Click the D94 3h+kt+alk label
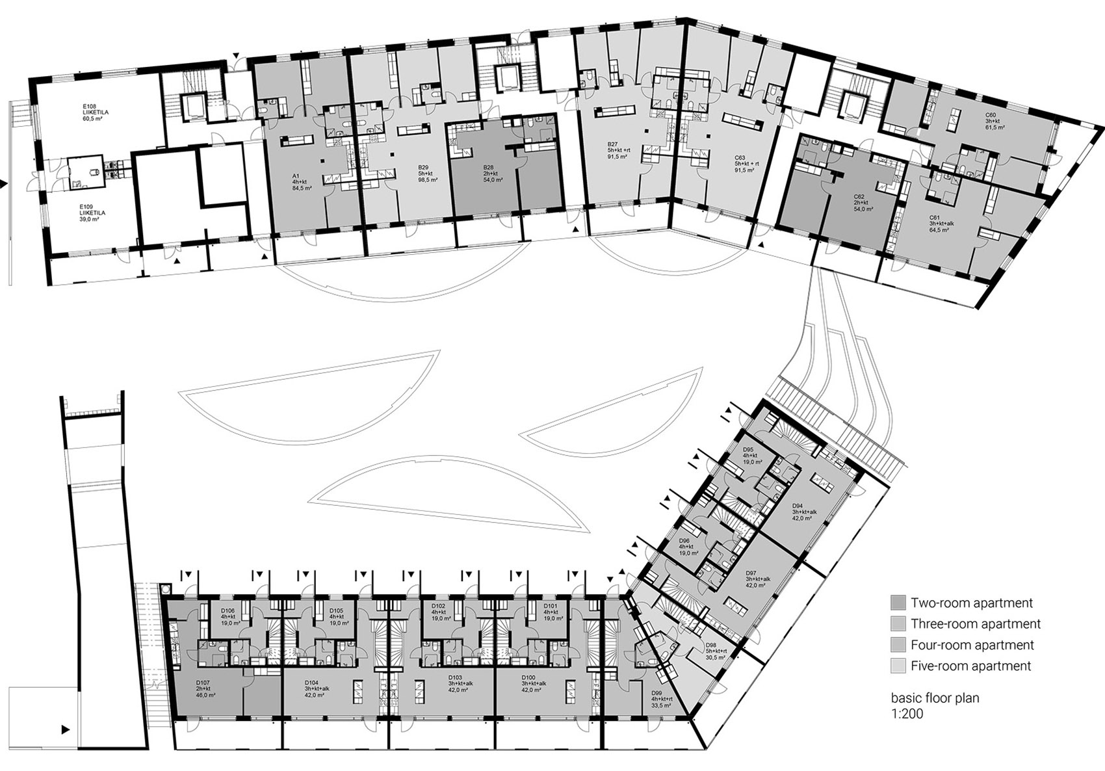point(804,512)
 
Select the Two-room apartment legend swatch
point(898,602)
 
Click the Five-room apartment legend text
point(970,666)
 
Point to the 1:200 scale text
point(907,713)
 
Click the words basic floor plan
point(935,698)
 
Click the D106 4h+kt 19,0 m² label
point(228,616)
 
